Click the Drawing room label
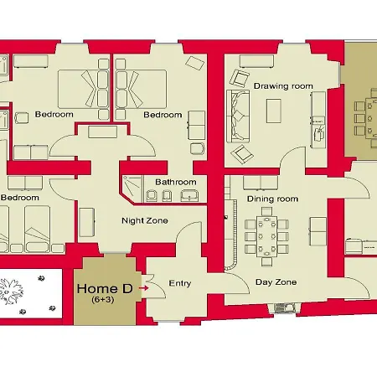click(x=283, y=86)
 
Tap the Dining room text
click(x=272, y=199)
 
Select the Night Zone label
click(x=145, y=220)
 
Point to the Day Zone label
click(x=276, y=282)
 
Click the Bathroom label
click(x=176, y=182)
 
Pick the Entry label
click(x=180, y=283)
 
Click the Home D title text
click(x=105, y=288)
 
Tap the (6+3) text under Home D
click(x=103, y=300)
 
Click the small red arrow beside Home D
click(x=144, y=287)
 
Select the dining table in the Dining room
click(x=267, y=236)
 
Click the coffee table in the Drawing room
click(x=273, y=111)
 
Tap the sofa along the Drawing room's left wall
click(x=238, y=116)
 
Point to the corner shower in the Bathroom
click(x=132, y=188)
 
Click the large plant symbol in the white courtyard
click(x=11, y=292)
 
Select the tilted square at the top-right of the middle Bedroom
click(x=195, y=63)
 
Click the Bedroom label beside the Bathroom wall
click(x=19, y=198)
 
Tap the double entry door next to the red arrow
click(x=153, y=287)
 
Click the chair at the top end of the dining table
click(x=267, y=211)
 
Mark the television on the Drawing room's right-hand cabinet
click(x=318, y=134)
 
